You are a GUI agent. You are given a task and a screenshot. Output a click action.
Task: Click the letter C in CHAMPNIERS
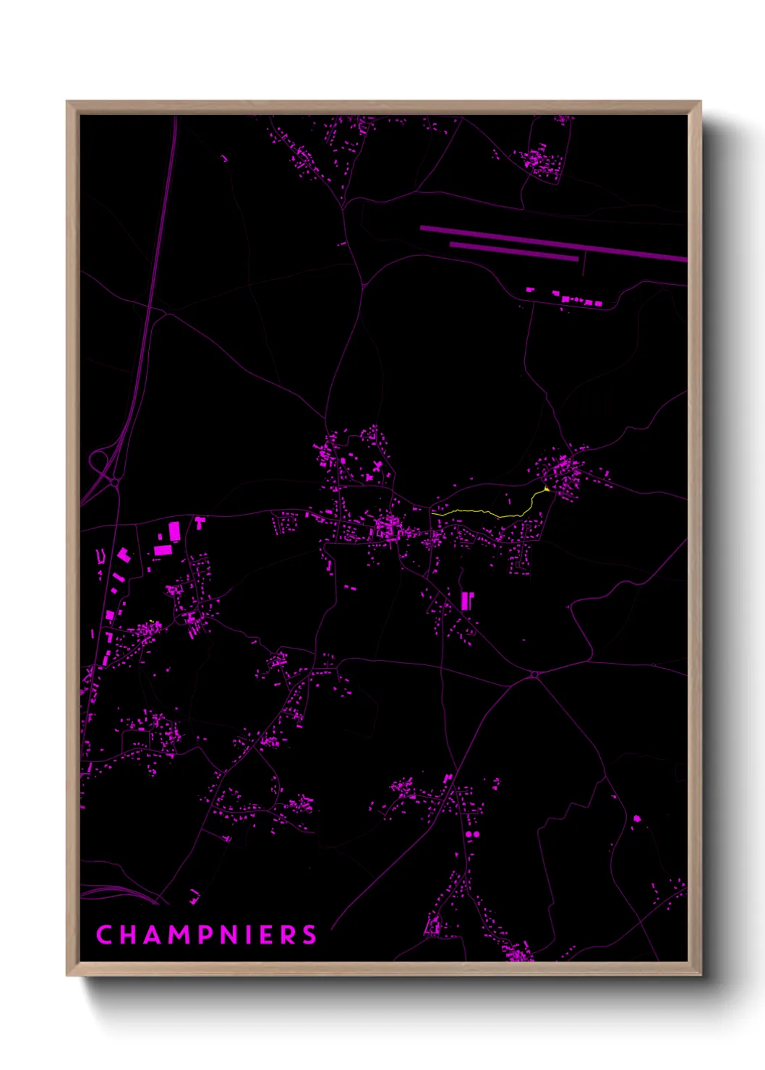coord(103,935)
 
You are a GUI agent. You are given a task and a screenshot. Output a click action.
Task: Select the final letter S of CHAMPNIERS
coord(309,935)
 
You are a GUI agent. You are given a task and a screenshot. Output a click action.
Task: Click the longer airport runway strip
coord(553,242)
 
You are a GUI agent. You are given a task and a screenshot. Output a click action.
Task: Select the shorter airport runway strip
coord(513,250)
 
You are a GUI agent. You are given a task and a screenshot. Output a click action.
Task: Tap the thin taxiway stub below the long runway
coord(584,264)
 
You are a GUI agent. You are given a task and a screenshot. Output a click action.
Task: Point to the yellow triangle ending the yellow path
coord(547,489)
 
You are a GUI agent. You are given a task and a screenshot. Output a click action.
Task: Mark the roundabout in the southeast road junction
coord(534,675)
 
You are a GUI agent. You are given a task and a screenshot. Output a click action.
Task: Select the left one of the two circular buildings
coord(469,835)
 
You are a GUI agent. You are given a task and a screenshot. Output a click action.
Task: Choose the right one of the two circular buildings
coord(476,834)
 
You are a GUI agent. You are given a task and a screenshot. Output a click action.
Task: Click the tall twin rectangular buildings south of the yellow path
coord(466,600)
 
